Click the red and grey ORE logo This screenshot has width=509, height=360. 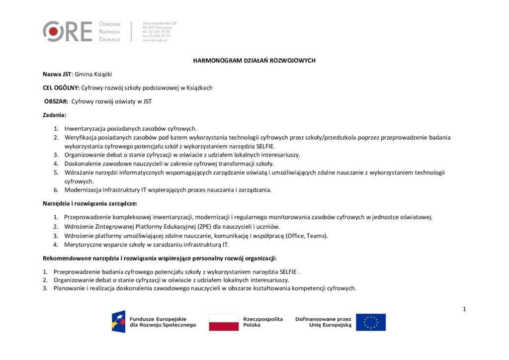tap(68, 31)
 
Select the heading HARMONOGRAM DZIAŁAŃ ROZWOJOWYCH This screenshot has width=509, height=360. tap(254, 61)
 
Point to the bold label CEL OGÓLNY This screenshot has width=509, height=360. tap(61, 88)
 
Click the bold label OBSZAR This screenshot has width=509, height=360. tap(56, 101)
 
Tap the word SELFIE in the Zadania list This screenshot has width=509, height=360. tap(265, 146)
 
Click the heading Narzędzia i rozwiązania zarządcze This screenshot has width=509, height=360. tap(89, 203)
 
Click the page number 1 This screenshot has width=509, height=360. tap(464, 309)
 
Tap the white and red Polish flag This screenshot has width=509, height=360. tap(223, 322)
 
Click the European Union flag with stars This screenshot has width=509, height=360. tap(370, 322)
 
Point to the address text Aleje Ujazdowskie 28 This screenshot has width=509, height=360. tap(159, 23)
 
